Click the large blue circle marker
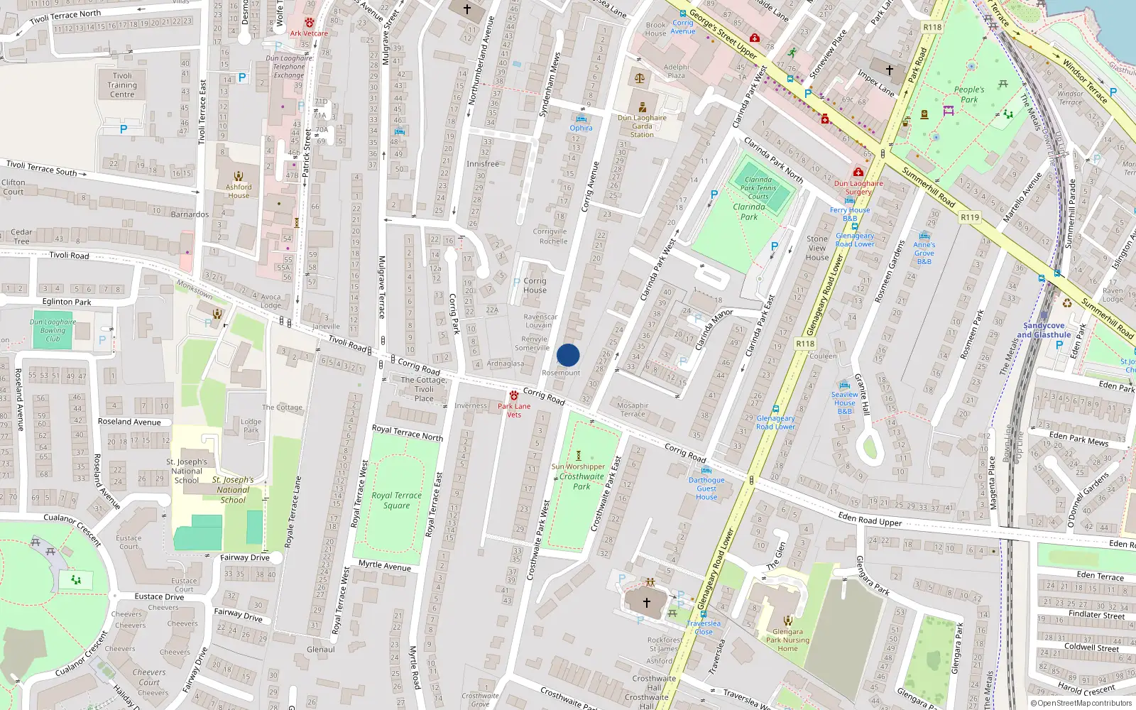click(x=568, y=355)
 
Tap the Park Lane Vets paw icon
click(x=514, y=395)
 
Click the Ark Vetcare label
click(x=309, y=33)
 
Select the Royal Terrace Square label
click(x=396, y=501)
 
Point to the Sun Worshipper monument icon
click(x=578, y=455)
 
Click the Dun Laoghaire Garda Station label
click(x=642, y=126)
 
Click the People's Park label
click(x=969, y=94)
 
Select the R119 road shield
click(x=969, y=217)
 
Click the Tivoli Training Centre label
click(x=122, y=85)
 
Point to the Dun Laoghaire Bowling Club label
click(x=53, y=330)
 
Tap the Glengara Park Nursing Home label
click(x=787, y=640)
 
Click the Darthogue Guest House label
click(x=706, y=488)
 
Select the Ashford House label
click(x=239, y=191)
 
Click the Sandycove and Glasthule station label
click(x=1044, y=330)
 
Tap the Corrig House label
click(x=535, y=285)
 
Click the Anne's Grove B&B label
click(x=924, y=253)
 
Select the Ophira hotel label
click(x=581, y=128)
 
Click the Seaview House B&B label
click(x=845, y=403)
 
